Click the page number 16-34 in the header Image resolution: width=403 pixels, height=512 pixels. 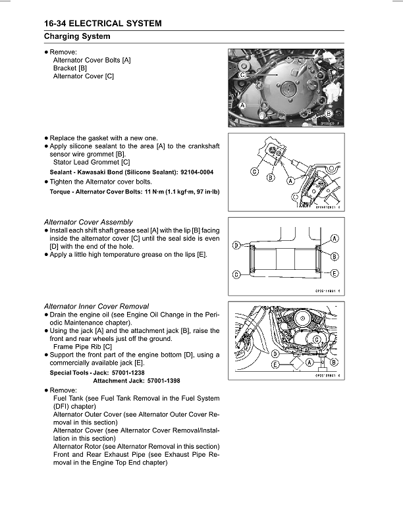tap(60, 24)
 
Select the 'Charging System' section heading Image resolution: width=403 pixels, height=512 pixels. tap(77, 36)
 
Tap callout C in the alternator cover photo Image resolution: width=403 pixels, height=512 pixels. tap(243, 76)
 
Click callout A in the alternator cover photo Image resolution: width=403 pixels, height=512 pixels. tap(243, 105)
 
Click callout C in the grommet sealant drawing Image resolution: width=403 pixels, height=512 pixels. tap(254, 172)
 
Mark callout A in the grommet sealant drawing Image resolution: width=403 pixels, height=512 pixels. tap(290, 178)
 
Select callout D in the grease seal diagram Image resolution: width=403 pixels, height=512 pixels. tap(236, 245)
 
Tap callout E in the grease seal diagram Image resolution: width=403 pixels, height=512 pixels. tap(335, 273)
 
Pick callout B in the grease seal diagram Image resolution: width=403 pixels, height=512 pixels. tap(335, 256)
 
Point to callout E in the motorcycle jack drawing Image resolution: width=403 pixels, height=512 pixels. tap(273, 363)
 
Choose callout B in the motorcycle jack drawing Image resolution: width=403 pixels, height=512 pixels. tap(334, 363)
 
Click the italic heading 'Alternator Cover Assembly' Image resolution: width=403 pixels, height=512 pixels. tap(88, 222)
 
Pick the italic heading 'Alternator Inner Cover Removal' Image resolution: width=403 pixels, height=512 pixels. tap(96, 306)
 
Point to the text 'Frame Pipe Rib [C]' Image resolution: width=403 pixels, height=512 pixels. tap(82, 347)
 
